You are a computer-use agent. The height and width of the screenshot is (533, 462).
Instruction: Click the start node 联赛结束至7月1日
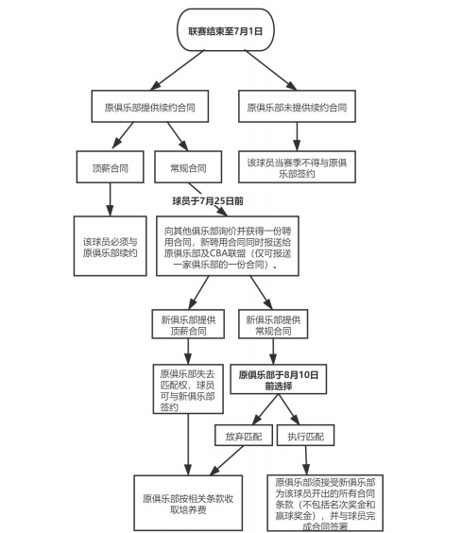coord(226,30)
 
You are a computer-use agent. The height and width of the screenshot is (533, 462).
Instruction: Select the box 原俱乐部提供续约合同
coord(150,107)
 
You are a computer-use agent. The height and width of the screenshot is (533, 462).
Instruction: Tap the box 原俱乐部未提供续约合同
coord(297,107)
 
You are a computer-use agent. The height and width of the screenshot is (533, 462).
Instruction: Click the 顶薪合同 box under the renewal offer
coord(111,167)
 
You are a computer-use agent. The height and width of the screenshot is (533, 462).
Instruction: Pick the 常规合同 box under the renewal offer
coord(188,167)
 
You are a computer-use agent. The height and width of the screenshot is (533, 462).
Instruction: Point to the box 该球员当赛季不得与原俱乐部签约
coord(297,167)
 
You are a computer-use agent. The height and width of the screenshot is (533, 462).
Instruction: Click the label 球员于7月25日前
coord(208,201)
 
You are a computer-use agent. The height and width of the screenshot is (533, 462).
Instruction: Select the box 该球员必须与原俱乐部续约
coord(111,246)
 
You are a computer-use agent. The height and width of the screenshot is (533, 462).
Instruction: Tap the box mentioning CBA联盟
coord(228,246)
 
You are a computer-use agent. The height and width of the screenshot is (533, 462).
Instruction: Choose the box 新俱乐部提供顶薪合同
coord(188,324)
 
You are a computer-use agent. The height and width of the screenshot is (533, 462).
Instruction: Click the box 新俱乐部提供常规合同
coord(273,324)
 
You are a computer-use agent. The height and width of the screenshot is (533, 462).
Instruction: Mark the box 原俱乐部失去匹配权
coord(188,389)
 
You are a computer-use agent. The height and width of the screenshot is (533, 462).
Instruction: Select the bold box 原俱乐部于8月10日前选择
coord(279,379)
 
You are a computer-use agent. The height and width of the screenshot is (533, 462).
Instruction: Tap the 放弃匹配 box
coord(244,435)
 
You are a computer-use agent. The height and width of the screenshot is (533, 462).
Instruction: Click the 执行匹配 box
coord(305,435)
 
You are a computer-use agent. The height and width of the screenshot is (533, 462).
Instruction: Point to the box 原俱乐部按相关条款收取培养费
coord(188,503)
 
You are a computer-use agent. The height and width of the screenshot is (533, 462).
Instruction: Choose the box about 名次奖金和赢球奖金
coord(325,503)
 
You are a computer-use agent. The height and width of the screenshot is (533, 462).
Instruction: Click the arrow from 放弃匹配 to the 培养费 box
coord(227,460)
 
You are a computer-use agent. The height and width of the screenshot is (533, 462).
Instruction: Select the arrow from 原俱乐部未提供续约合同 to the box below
coord(297,137)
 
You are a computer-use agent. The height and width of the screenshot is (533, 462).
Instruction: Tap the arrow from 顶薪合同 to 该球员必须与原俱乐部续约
coord(110,199)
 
